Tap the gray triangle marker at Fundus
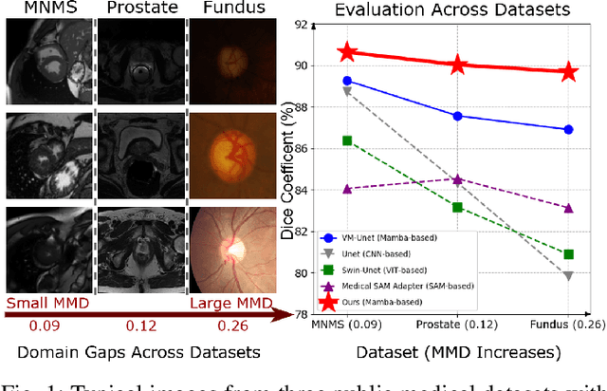(568, 275)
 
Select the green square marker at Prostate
(458, 207)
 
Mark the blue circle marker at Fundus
(568, 129)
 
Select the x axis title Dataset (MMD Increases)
(458, 352)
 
